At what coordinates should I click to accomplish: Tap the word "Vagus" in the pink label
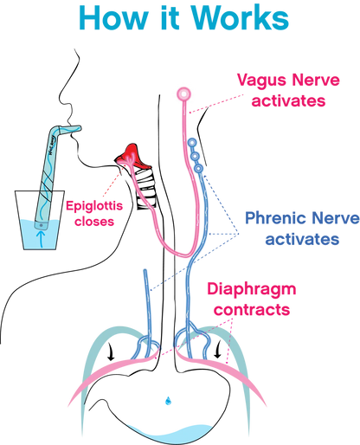pos(260,81)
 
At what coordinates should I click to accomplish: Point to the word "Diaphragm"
pos(252,290)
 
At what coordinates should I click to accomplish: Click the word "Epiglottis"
pos(94,207)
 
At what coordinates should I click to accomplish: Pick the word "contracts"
pos(252,310)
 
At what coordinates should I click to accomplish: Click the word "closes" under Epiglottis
pos(94,222)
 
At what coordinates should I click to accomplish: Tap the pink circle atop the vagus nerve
pos(183,94)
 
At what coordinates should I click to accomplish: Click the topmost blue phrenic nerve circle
pos(192,143)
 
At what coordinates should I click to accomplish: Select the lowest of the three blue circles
pos(199,169)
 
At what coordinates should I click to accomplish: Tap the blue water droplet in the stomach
pos(168,401)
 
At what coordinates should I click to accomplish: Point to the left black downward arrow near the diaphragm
pos(111,351)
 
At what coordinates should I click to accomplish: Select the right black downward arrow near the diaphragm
pos(218,349)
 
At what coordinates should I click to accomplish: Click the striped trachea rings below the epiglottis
pos(145,189)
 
